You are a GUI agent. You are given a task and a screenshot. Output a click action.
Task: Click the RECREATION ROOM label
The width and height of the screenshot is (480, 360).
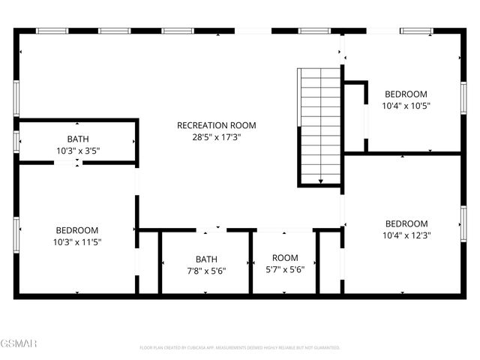click(x=216, y=125)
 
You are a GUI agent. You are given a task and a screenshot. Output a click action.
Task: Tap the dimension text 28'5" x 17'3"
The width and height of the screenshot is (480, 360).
click(x=216, y=137)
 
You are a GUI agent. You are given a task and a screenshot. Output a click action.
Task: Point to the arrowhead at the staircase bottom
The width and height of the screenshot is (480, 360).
click(x=320, y=181)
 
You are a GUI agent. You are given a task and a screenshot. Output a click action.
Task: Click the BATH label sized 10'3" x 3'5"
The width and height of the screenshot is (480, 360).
click(x=77, y=139)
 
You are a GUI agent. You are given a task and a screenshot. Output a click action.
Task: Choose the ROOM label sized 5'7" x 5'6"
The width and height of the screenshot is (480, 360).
click(x=285, y=258)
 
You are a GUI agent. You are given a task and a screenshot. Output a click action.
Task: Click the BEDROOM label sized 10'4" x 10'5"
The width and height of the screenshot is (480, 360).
click(x=406, y=94)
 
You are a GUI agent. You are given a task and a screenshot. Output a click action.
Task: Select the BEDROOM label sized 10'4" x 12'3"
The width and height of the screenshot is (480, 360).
click(x=406, y=223)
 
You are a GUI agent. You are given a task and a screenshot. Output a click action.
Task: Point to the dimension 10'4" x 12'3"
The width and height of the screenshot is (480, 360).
click(x=406, y=235)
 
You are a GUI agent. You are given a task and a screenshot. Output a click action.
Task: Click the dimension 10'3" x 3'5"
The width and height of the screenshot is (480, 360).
click(x=77, y=151)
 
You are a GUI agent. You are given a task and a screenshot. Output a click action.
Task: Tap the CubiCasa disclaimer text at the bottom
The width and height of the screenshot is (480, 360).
click(x=240, y=348)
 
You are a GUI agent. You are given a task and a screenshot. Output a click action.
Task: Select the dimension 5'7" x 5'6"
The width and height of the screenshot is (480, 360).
click(x=285, y=270)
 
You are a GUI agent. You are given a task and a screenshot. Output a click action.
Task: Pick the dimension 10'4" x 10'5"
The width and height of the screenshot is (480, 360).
click(x=406, y=106)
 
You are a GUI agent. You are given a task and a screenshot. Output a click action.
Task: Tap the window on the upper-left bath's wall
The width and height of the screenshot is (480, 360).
click(x=16, y=140)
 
